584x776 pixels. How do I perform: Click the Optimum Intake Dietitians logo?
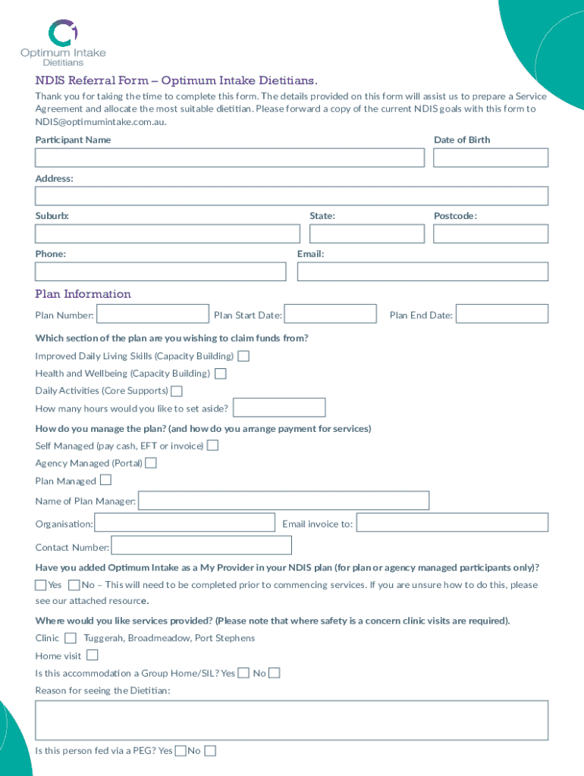63,43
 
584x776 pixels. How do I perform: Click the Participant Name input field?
229,158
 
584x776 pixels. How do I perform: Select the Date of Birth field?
490,158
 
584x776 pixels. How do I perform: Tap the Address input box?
291,196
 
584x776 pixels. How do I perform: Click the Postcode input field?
490,234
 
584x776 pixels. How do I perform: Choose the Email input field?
422,271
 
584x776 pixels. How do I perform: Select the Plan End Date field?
502,314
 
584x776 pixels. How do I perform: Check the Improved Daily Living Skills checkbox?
243,356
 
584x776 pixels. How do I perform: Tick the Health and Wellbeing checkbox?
221,374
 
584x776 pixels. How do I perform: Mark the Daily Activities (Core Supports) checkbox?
177,391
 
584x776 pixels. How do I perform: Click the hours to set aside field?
279,408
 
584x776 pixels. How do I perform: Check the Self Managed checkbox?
213,446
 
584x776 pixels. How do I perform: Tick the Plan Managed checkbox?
105,480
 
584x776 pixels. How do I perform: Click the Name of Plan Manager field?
284,501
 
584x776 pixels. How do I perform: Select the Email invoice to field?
452,523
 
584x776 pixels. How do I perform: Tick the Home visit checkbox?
92,656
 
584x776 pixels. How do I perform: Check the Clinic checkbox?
71,638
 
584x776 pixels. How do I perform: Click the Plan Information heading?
83,294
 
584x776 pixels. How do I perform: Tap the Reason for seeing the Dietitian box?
291,720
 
